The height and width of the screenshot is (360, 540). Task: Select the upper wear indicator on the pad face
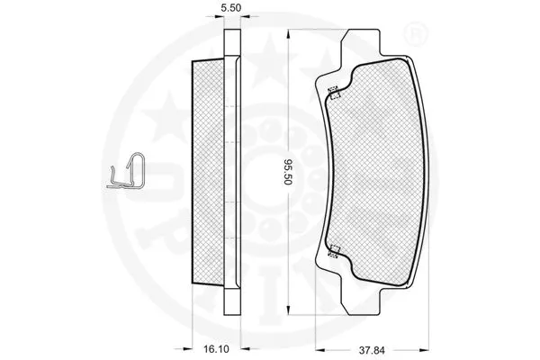pos(333,89)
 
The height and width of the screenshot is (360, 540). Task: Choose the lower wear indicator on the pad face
pos(333,252)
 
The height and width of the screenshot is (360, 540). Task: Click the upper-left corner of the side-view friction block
pos(197,61)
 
